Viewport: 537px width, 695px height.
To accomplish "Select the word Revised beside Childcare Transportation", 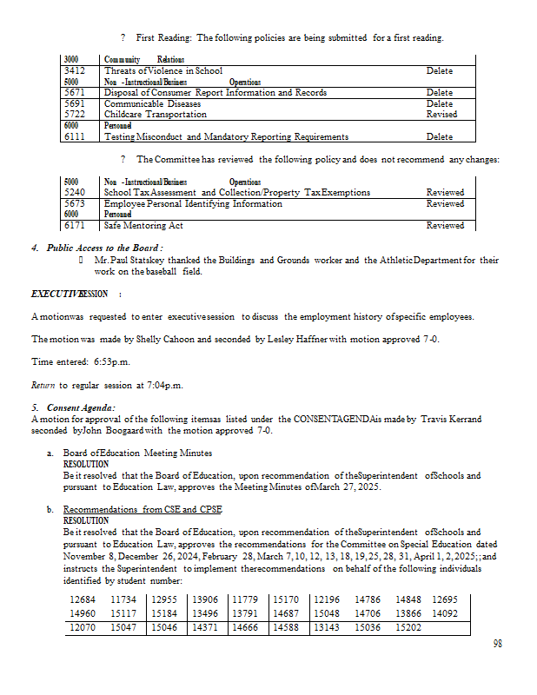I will tap(441, 115).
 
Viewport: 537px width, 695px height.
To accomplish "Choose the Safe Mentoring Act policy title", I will tap(143, 226).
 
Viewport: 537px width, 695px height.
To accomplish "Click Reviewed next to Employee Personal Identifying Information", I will tap(445, 204).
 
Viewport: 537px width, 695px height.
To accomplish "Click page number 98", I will tap(498, 644).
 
